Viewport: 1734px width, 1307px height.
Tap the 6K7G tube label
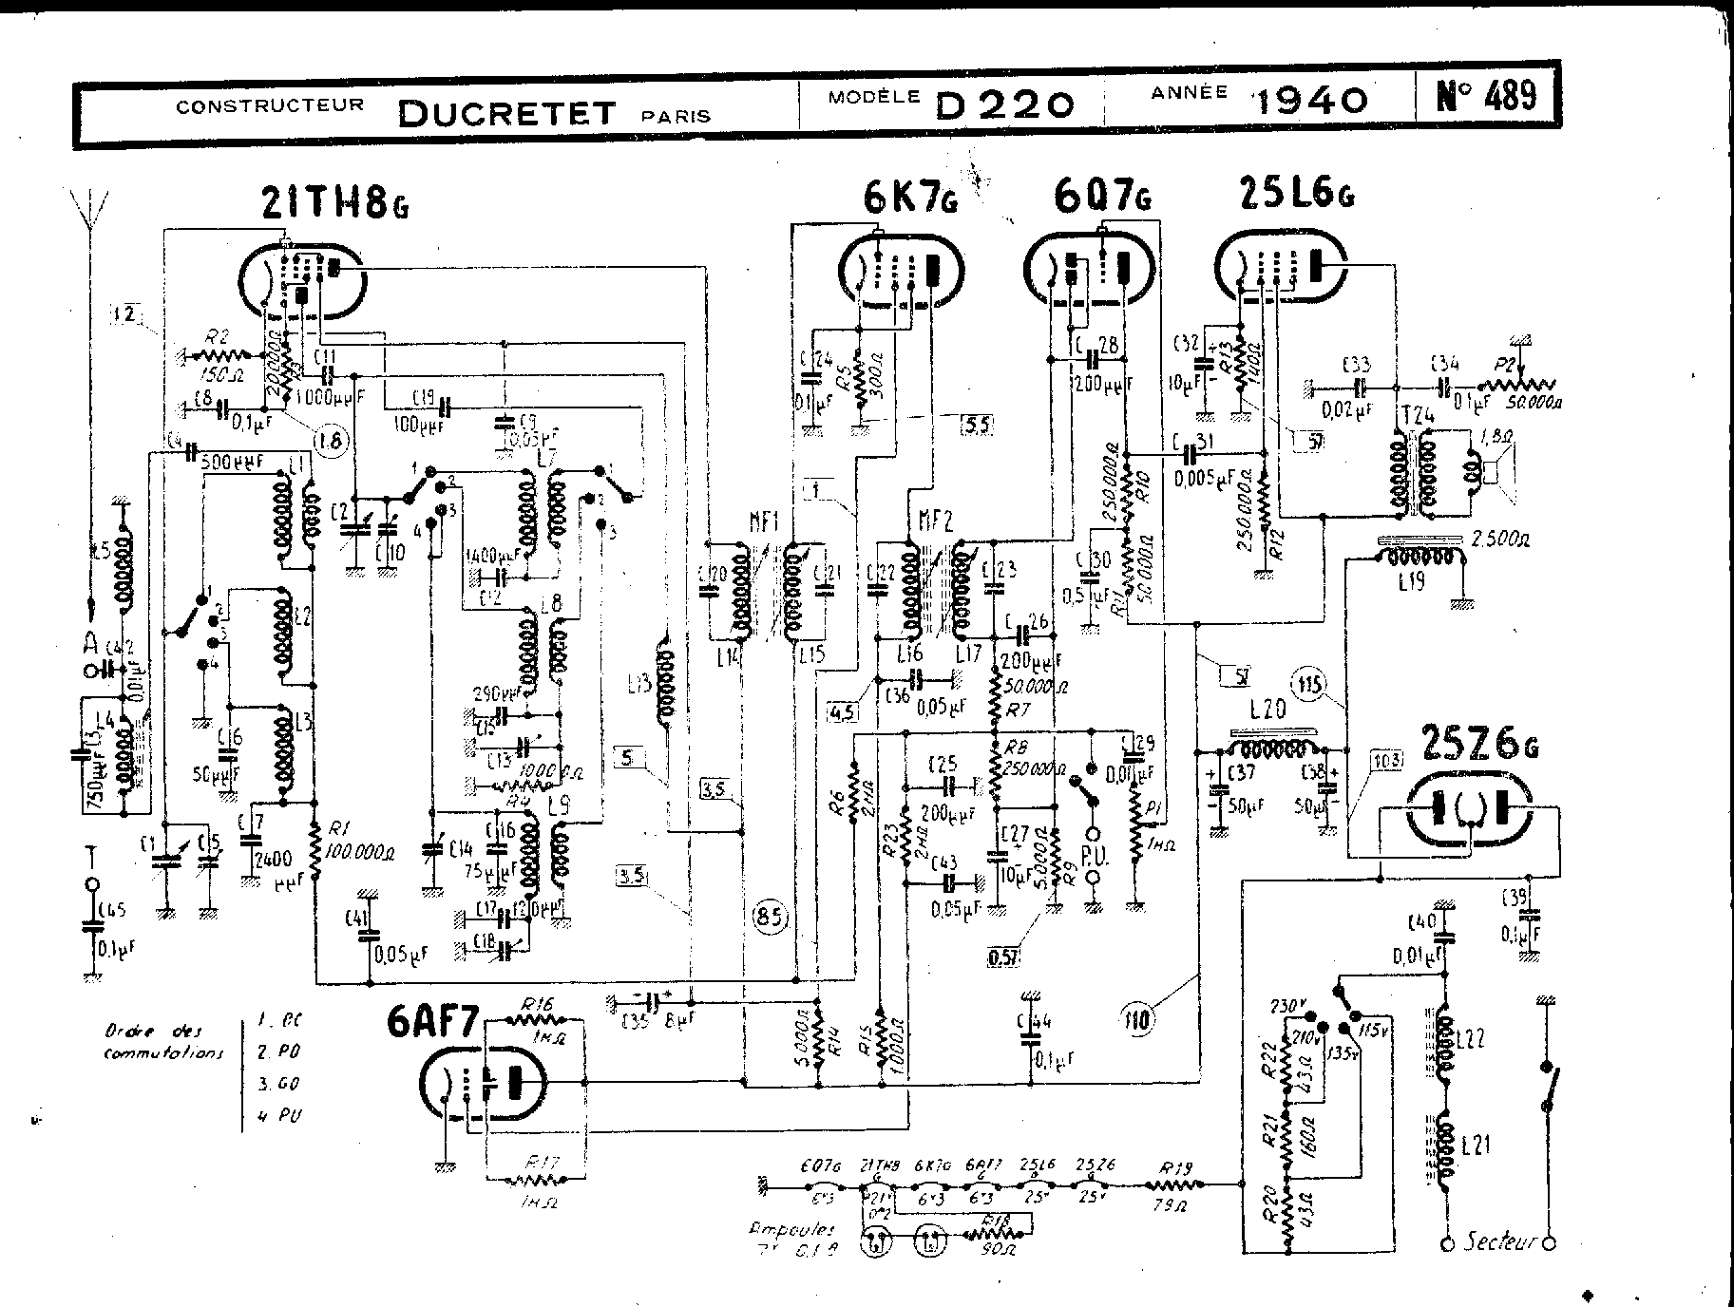click(909, 199)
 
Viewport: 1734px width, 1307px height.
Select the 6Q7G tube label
click(1102, 197)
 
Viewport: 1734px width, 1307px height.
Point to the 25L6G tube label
click(1296, 195)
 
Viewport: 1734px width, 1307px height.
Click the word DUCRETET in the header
click(507, 113)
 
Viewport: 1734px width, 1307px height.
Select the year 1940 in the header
click(1312, 99)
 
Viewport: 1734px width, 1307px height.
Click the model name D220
click(1004, 103)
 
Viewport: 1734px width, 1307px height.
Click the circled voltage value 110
click(1137, 1021)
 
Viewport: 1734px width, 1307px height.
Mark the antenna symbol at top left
click(87, 211)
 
